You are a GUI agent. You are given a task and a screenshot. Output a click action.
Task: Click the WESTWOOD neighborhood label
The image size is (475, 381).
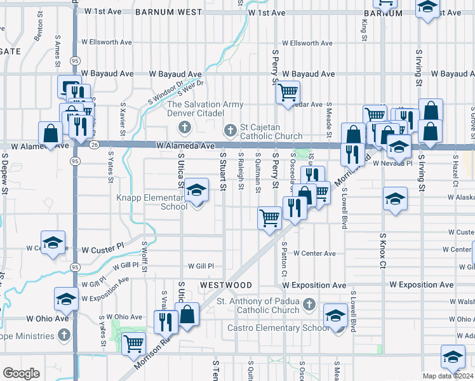[225, 285]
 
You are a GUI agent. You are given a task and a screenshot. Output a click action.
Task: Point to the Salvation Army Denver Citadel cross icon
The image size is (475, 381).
[184, 128]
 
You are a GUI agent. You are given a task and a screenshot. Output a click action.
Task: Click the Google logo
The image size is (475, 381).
[21, 373]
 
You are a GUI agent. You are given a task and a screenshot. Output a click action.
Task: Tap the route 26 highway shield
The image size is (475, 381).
[94, 145]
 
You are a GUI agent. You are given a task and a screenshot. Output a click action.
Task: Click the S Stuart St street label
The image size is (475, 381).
[222, 170]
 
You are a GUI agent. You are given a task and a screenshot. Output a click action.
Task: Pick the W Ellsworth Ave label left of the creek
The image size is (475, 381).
[105, 43]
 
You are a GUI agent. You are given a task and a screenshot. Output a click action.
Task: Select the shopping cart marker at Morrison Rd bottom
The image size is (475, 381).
[133, 345]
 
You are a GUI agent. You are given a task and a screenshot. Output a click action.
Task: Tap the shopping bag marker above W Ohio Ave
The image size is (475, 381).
[188, 315]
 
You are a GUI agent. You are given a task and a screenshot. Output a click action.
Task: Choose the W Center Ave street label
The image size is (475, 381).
[314, 253]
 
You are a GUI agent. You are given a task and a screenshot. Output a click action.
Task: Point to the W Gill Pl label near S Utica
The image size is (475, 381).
[201, 266]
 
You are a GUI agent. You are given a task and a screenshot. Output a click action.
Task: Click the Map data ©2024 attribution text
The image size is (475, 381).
[447, 376]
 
